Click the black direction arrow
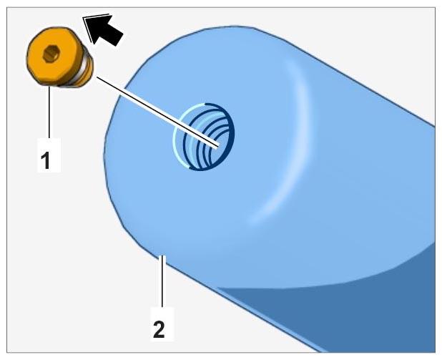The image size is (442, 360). coord(104,29)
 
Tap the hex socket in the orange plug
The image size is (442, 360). coord(51,54)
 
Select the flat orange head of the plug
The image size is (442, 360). coord(51,56)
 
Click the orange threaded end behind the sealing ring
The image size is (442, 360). coord(88,69)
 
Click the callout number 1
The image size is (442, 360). coord(45,160)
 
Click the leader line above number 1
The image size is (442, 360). coord(49,112)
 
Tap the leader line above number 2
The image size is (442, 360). coord(162,281)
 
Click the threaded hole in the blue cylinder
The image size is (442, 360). coord(204,137)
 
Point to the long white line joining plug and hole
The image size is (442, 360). coord(157,112)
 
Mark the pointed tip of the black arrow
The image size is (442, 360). coord(84,18)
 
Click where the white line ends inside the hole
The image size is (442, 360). coord(218,146)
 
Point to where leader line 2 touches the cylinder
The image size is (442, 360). coord(162,256)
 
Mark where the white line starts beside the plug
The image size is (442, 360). coord(97,77)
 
